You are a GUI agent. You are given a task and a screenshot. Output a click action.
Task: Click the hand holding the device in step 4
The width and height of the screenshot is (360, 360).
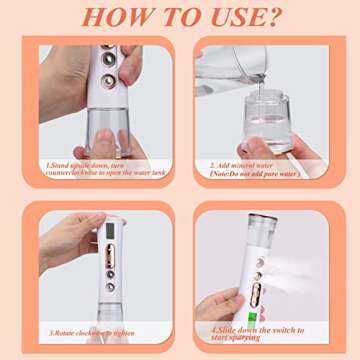point(225,300)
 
